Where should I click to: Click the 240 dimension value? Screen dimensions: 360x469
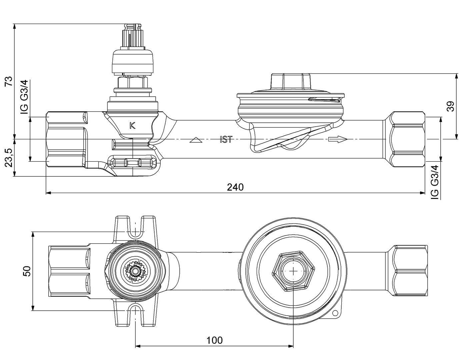(235, 187)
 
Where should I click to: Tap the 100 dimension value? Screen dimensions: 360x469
(214, 340)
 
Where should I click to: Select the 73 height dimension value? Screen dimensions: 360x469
(9, 81)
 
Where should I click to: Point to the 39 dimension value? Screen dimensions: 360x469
(451, 106)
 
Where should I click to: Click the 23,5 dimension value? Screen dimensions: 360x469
(9, 157)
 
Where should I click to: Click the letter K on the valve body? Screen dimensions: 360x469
(132, 126)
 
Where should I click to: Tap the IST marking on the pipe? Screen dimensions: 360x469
(226, 139)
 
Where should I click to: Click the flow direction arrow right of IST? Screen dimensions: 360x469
(338, 139)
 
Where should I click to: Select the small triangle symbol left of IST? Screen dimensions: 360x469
(196, 140)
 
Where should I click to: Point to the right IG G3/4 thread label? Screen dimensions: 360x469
(434, 182)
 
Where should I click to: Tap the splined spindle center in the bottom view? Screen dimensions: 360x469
(135, 271)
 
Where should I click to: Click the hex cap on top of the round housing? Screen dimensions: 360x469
(291, 81)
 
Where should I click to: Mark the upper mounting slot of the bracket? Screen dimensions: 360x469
(135, 230)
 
